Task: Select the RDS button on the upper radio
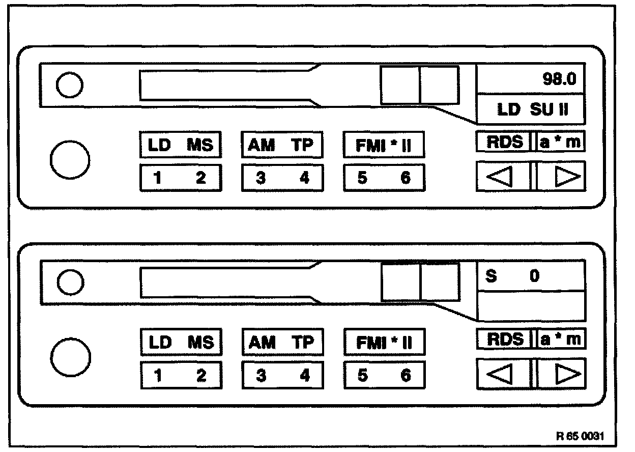coord(504,142)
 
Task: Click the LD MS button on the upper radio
coord(181,145)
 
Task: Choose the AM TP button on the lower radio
coord(282,342)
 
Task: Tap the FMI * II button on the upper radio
coord(384,146)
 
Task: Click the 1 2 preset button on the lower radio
coord(181,376)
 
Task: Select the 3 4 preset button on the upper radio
coord(282,178)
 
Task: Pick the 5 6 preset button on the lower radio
coord(384,376)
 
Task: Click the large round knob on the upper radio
coord(70,159)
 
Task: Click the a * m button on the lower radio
coord(560,340)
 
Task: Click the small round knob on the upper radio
coord(69,86)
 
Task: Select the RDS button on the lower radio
coord(504,340)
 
